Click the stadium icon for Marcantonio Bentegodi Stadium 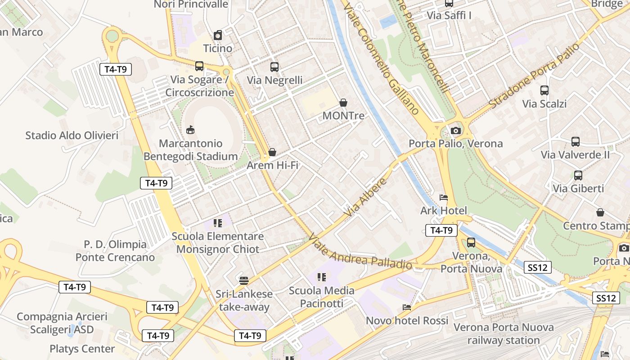pos(190,130)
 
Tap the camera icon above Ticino pos(218,35)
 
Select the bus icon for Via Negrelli pos(274,67)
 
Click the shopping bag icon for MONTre pos(343,103)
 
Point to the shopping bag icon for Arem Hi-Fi pos(272,152)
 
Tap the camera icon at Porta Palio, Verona pos(456,130)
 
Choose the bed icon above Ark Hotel pos(444,198)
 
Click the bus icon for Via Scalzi pos(544,90)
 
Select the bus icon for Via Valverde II pos(575,142)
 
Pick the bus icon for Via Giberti pos(578,175)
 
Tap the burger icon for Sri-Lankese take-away pos(244,281)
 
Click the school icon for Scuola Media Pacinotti pos(321,277)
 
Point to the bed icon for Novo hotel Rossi pos(407,307)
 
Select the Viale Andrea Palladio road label pos(361,252)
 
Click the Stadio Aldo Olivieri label pos(72,135)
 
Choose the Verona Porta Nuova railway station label pos(503,333)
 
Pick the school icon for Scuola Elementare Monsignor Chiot pos(218,223)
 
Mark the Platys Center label pos(82,349)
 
